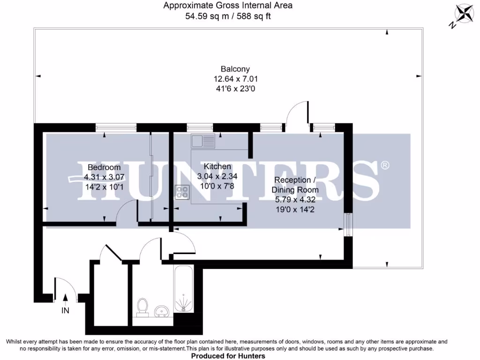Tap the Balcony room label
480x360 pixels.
point(229,69)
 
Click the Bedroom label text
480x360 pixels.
point(104,167)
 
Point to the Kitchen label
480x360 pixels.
point(217,166)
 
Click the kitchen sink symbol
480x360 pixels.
point(202,141)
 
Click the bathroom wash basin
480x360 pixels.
point(162,310)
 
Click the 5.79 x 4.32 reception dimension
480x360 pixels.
point(295,200)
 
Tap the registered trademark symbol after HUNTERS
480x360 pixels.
point(384,165)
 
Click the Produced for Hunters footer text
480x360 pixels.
point(228,356)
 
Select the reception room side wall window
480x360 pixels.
point(347,225)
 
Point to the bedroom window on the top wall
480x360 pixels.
point(116,127)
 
